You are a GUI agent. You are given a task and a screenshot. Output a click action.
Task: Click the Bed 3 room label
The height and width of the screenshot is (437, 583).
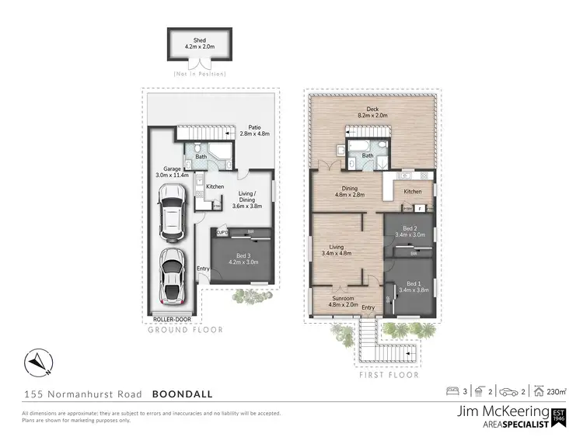click(x=243, y=258)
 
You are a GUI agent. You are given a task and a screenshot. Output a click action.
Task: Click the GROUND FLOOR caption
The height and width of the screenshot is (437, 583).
click(x=186, y=330)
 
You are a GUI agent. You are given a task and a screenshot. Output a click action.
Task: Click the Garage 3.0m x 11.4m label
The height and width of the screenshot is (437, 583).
click(x=172, y=172)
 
